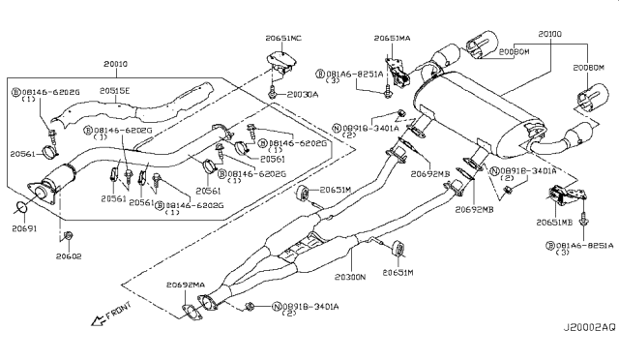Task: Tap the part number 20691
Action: [x=25, y=230]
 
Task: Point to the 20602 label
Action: [x=69, y=256]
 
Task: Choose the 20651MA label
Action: [x=397, y=37]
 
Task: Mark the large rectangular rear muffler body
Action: [x=474, y=114]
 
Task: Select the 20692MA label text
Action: [x=186, y=285]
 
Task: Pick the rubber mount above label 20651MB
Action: [x=567, y=198]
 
